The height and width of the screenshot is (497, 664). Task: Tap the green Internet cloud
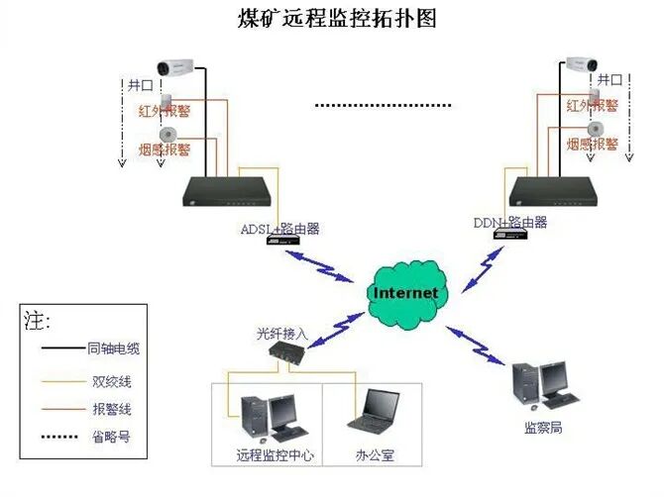[404, 293]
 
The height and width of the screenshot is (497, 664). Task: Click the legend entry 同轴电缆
[115, 349]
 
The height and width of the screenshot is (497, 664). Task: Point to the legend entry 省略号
[109, 437]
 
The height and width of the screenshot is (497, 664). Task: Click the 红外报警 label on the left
[165, 110]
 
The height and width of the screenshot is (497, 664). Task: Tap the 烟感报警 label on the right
[594, 145]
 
